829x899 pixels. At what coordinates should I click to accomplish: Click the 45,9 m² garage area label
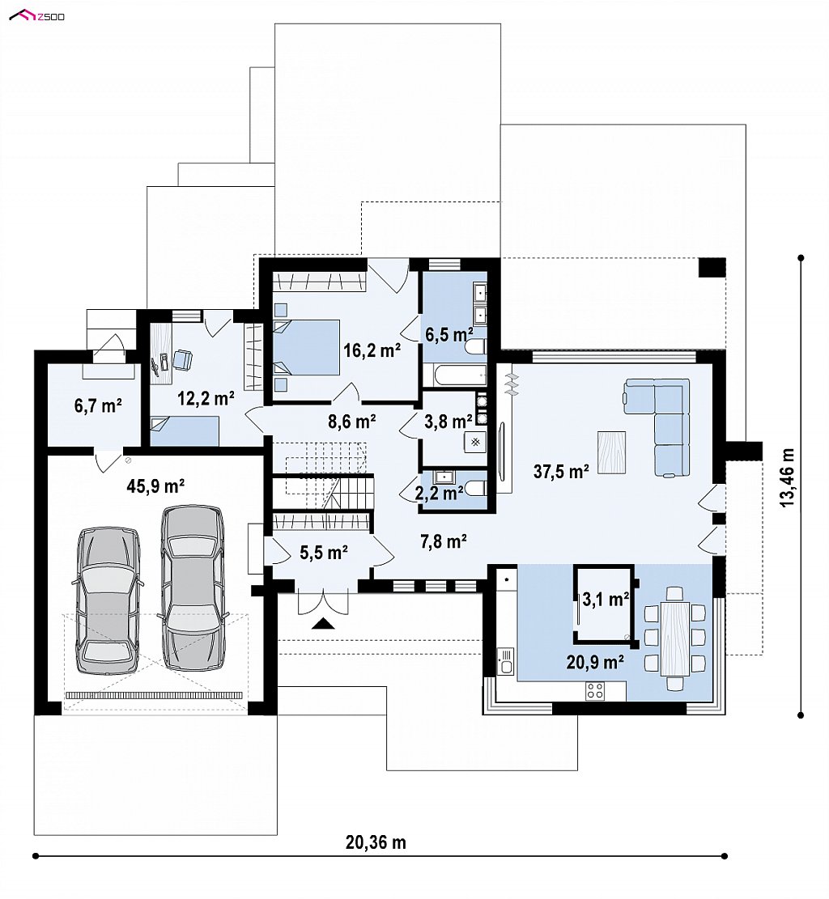point(155,487)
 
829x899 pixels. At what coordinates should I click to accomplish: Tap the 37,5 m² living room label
point(561,471)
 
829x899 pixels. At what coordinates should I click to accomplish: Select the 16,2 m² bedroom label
point(372,350)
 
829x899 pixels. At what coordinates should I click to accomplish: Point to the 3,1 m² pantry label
point(606,600)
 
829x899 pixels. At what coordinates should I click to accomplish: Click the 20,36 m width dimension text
point(376,842)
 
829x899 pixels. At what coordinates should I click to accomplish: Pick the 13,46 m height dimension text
point(788,477)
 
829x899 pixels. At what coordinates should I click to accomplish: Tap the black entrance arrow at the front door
point(323,623)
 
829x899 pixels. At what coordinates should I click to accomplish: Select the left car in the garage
point(108,600)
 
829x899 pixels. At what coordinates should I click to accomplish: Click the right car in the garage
point(192,587)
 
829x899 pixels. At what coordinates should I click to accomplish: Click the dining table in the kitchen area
point(675,638)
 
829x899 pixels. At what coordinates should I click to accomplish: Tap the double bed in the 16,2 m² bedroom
point(306,348)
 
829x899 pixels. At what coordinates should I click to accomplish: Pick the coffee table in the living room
point(611,452)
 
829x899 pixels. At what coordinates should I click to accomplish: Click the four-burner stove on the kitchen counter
point(594,691)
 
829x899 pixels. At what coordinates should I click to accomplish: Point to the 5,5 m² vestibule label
point(324,553)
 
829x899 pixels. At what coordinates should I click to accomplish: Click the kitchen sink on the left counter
point(505,661)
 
